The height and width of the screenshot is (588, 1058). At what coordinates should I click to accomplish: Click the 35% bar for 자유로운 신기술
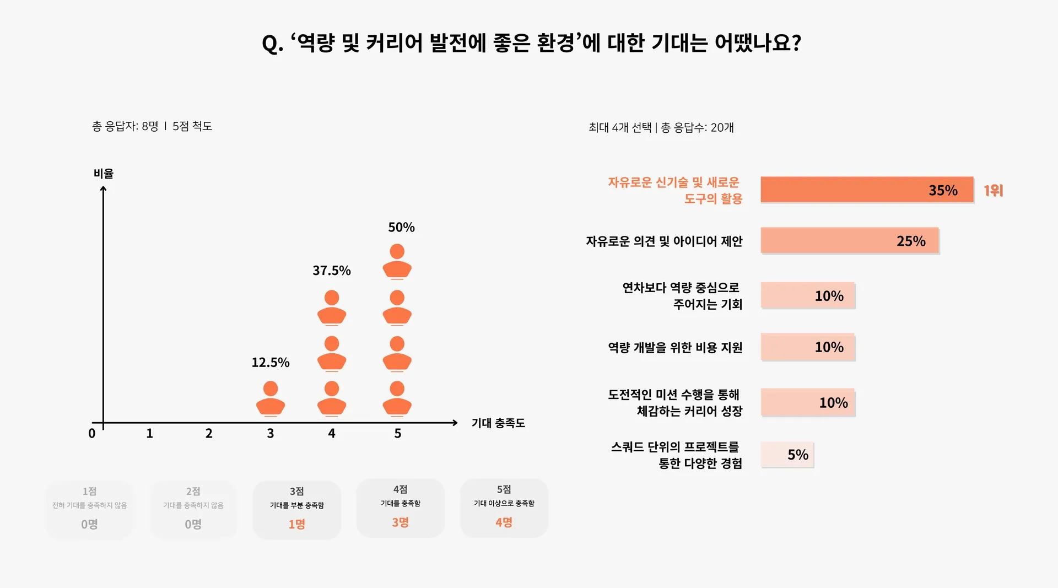click(x=866, y=190)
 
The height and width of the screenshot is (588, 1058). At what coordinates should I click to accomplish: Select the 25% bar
click(x=849, y=240)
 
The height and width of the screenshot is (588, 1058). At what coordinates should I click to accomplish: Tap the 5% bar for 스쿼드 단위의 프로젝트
click(x=787, y=455)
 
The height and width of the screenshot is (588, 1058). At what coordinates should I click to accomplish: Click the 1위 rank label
click(x=994, y=191)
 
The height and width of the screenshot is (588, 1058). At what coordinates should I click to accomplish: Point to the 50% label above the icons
click(x=401, y=227)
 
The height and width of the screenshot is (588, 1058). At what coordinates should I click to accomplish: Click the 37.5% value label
click(x=331, y=271)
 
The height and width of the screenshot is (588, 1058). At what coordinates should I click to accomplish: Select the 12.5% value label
click(x=270, y=362)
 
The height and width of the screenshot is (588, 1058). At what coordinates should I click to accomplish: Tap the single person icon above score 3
click(x=271, y=398)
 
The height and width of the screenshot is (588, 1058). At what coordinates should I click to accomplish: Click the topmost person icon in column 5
click(x=397, y=261)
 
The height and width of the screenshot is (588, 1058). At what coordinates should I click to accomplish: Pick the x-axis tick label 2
click(x=209, y=434)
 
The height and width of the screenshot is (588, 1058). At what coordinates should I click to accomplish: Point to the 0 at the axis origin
click(x=92, y=434)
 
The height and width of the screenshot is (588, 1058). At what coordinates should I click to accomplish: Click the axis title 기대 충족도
click(x=498, y=423)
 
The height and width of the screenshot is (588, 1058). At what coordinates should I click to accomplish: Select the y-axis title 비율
click(x=104, y=174)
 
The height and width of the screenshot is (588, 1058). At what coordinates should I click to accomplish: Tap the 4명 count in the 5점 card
click(x=504, y=522)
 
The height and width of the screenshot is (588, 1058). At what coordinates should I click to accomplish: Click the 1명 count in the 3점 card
click(x=296, y=524)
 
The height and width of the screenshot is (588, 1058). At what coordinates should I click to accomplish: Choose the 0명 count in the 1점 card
click(x=89, y=524)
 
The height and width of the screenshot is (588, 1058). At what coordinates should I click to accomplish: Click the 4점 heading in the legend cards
click(x=400, y=489)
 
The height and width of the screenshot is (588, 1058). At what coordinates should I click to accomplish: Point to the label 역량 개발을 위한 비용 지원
click(x=675, y=348)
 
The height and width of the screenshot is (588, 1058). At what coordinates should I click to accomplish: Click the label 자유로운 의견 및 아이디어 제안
click(x=664, y=241)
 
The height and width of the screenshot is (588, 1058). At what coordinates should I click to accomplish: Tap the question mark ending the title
click(x=795, y=43)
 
